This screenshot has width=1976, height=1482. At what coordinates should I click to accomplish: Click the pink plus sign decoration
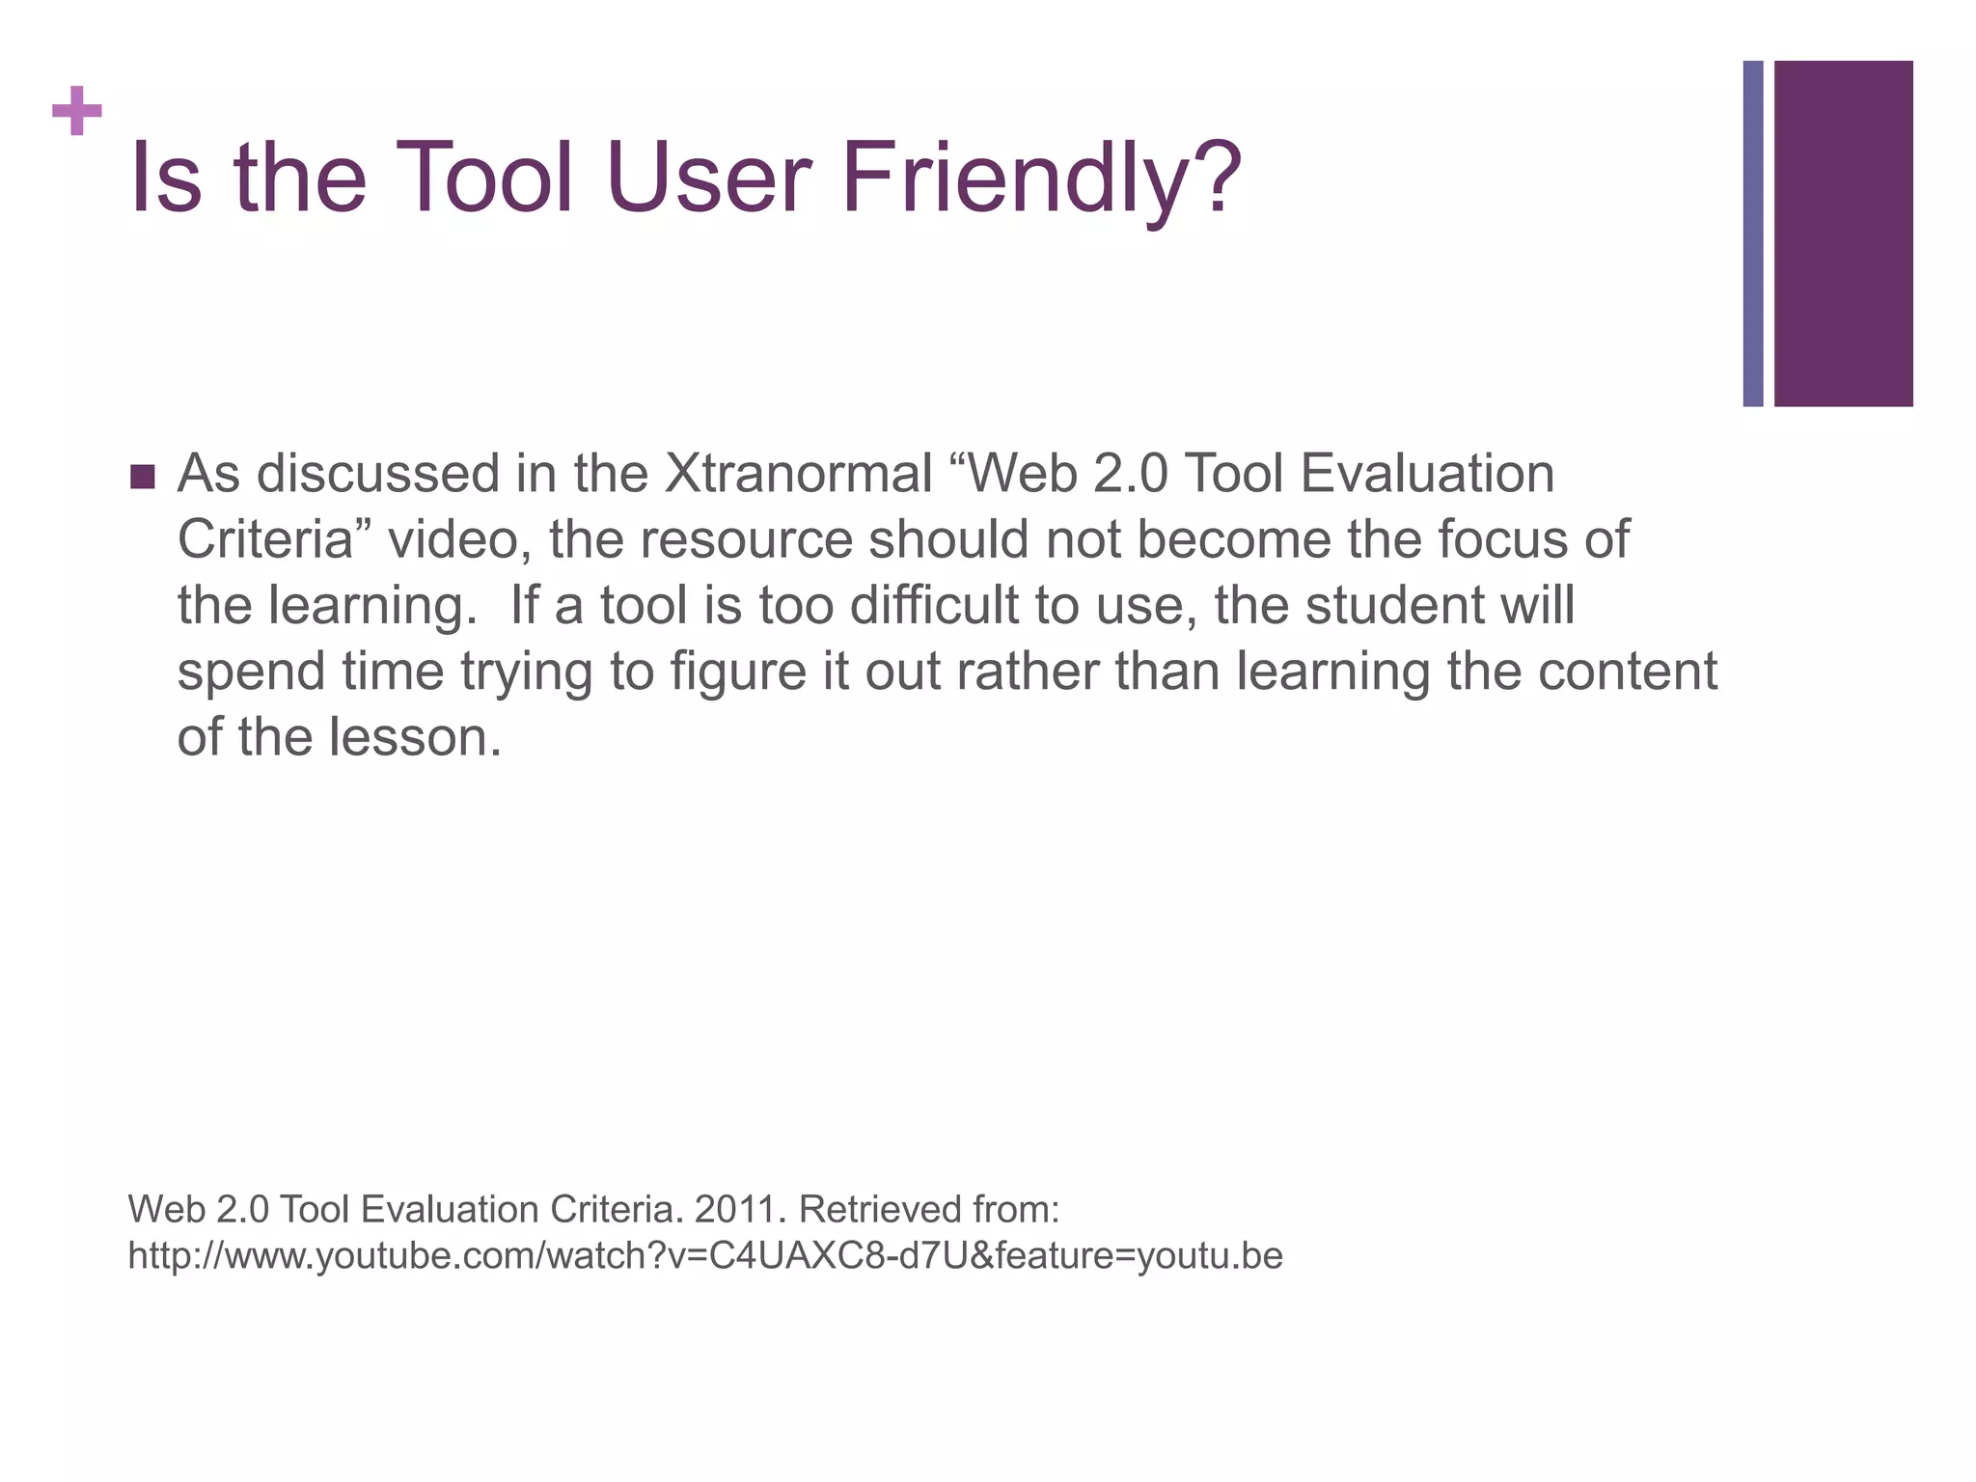77,111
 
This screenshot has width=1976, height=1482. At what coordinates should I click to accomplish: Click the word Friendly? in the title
1040,179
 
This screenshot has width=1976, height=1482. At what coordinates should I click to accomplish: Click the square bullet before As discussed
142,477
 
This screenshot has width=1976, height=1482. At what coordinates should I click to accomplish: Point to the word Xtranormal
798,474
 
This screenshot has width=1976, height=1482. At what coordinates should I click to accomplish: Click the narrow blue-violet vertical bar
1752,233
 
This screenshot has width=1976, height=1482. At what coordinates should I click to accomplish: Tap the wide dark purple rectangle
1843,233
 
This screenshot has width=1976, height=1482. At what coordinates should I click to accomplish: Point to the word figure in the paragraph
738,672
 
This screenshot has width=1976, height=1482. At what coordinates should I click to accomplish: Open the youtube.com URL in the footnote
704,1255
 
